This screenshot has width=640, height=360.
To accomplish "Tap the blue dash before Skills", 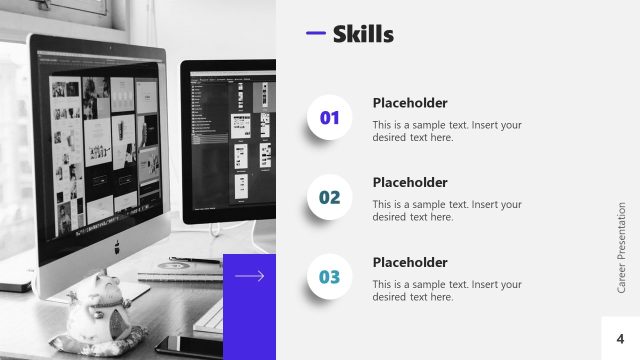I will (x=315, y=34).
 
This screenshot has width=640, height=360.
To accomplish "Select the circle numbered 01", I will (x=330, y=119).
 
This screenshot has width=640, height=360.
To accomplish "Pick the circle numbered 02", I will (x=330, y=198).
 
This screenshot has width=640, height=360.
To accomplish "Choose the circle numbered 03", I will (x=330, y=277).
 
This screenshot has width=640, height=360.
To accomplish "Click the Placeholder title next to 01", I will (x=410, y=103).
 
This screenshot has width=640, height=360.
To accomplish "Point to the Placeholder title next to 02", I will (x=410, y=182).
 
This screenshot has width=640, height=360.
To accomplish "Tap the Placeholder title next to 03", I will (x=410, y=262).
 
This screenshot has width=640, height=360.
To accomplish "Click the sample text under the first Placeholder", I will (x=447, y=131).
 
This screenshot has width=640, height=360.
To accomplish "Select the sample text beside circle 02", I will (x=447, y=210).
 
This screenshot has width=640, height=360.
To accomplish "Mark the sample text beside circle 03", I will (x=447, y=290).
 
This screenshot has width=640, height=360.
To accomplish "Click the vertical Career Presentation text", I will (x=621, y=247).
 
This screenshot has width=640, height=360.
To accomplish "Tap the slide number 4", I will (x=620, y=339).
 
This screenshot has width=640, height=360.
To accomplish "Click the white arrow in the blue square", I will (x=249, y=276).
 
